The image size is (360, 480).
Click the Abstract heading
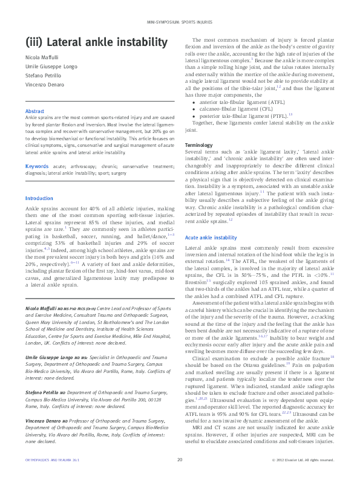(x=34, y=111)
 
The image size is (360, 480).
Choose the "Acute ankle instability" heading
(x=211, y=238)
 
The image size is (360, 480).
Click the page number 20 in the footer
(x=180, y=460)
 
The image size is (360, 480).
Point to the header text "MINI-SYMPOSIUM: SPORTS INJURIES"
(x=180, y=22)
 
